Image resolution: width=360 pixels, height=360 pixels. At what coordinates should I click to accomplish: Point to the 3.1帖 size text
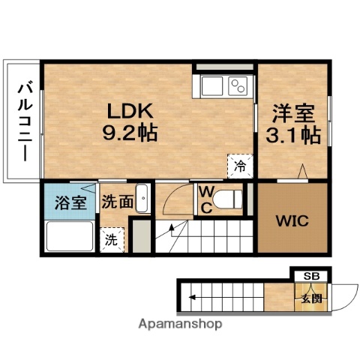(295, 136)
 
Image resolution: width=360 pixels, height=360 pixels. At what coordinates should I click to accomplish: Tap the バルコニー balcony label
(22, 120)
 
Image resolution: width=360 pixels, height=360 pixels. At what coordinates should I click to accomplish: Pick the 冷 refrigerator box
(239, 164)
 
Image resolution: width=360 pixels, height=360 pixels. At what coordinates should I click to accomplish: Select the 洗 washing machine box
(110, 240)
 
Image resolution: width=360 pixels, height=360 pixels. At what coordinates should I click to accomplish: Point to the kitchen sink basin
(211, 86)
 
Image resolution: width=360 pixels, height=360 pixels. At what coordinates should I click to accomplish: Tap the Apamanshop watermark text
(179, 325)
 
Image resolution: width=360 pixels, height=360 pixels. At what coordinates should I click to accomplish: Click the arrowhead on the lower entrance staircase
(192, 298)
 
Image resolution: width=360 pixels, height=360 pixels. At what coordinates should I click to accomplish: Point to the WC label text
(204, 199)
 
